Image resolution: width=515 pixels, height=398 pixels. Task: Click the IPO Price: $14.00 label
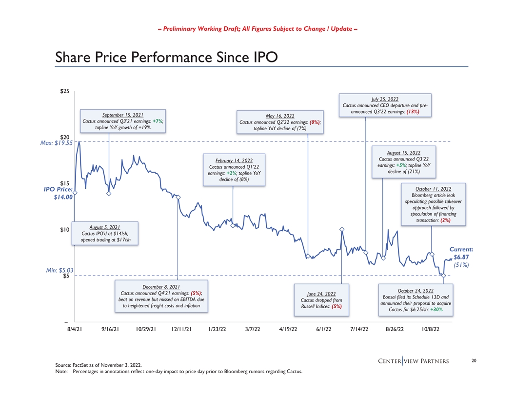[x=59, y=193]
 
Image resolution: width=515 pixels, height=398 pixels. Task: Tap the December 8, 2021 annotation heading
[x=161, y=286]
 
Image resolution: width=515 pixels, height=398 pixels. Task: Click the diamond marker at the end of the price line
[x=443, y=276]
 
